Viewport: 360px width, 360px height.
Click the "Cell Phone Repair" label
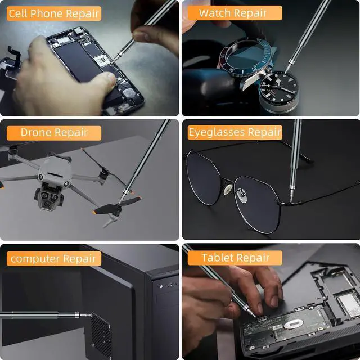[54, 13]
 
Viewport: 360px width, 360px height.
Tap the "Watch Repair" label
[235, 13]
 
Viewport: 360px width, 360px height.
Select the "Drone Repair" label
[54, 133]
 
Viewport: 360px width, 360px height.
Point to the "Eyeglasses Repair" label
[235, 132]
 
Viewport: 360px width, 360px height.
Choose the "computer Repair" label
[54, 259]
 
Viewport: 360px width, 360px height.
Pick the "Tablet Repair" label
[235, 258]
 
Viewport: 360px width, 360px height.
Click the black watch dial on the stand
[279, 87]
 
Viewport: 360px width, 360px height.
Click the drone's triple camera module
[48, 197]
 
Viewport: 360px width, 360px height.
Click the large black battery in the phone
[76, 61]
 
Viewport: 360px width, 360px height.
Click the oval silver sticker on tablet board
[294, 324]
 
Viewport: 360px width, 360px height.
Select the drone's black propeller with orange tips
[118, 205]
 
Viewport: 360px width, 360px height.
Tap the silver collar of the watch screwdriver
[291, 61]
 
